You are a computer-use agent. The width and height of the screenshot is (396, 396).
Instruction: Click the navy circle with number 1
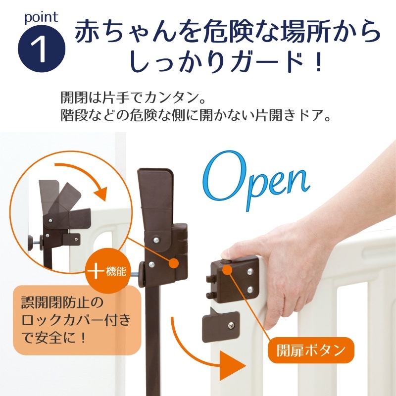pos(42,49)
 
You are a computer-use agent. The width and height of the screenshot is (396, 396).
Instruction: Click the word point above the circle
pos(41,17)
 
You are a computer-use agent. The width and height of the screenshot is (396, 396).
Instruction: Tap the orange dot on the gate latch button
pos(227,270)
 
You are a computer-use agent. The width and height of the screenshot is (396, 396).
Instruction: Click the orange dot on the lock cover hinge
pos(175,263)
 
